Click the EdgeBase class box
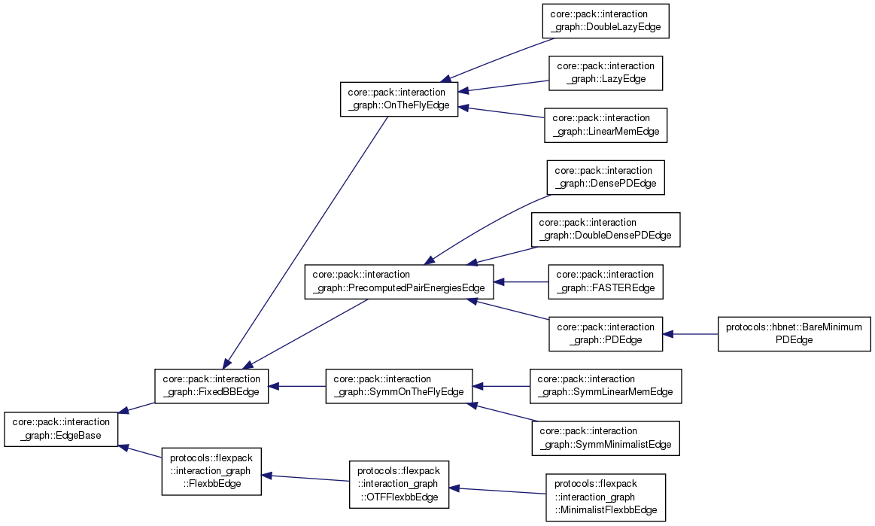coord(62,429)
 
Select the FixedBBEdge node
coord(211,386)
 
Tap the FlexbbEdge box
coord(211,470)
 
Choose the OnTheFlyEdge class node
coord(399,99)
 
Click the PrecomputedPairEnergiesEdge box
coord(399,281)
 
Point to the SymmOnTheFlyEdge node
coord(399,386)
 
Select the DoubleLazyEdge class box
coord(606,21)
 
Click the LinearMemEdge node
coord(606,125)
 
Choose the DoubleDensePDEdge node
coord(606,229)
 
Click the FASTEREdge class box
coord(606,281)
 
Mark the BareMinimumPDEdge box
coord(794,333)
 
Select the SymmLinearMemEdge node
coord(606,386)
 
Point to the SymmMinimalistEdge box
coord(606,438)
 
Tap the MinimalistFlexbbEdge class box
coord(606,497)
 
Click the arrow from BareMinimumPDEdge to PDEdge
coord(691,333)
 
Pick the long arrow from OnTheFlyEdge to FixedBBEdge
coord(308,241)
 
